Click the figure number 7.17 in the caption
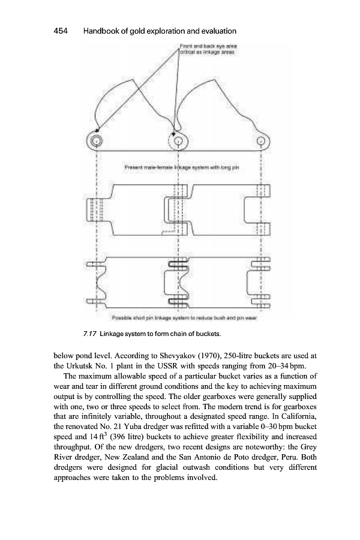click(x=91, y=333)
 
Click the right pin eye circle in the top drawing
click(x=260, y=142)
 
